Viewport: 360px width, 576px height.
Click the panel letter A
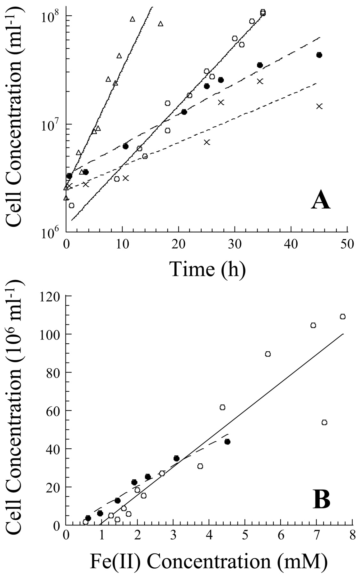320,202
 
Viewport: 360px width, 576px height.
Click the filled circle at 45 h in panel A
319,55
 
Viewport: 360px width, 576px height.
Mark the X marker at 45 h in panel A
319,106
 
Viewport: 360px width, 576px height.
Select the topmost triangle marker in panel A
132,19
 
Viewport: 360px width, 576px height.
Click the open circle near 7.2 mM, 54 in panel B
324,422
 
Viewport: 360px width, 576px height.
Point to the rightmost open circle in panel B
343,316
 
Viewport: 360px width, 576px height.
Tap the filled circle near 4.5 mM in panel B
227,442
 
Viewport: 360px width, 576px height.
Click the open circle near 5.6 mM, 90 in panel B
268,354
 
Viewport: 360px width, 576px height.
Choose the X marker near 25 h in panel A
207,142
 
